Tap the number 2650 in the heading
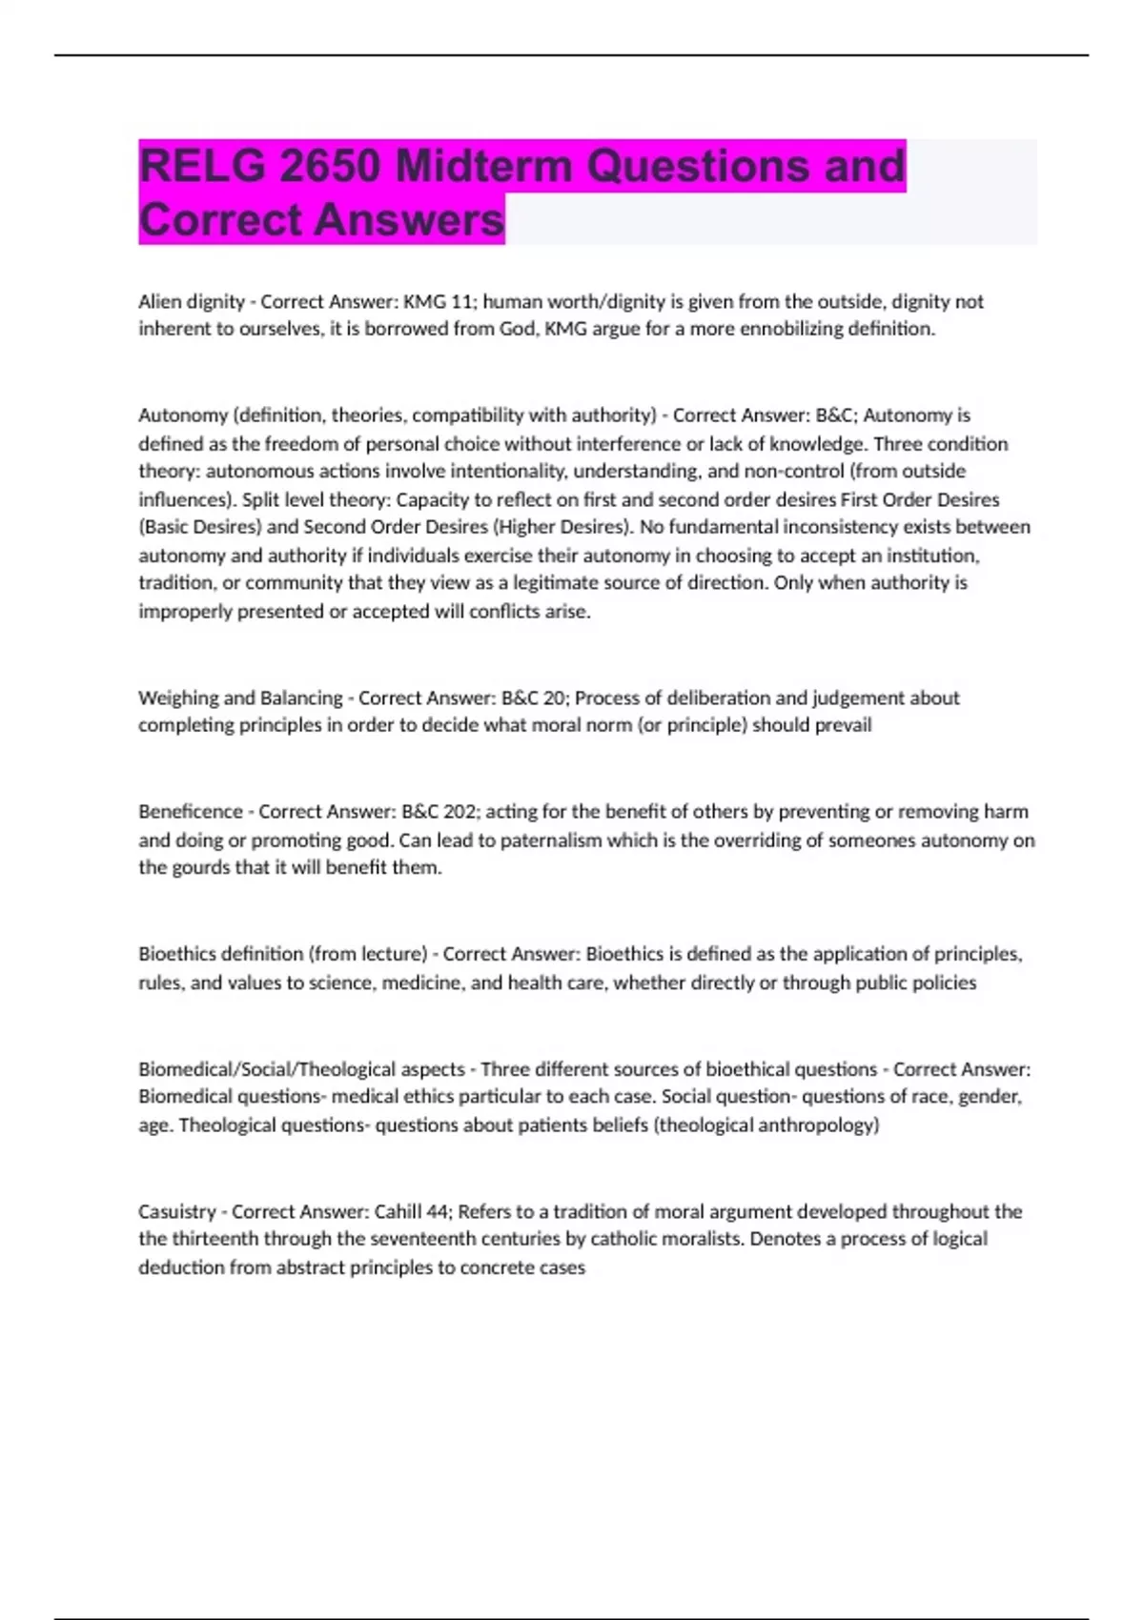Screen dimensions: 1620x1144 [x=330, y=166]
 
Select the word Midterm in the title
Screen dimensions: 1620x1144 [x=484, y=166]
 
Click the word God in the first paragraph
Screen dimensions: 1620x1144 [x=518, y=329]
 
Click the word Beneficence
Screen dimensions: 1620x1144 [x=190, y=812]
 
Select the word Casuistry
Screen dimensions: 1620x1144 [x=176, y=1211]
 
